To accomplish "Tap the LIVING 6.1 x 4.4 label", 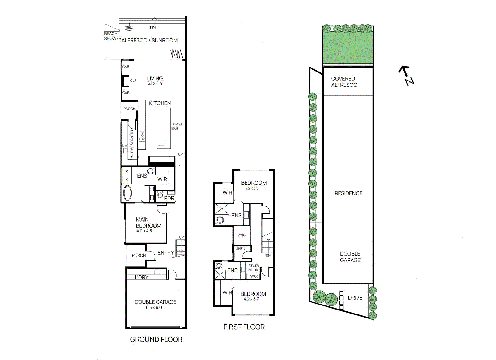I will click(155, 81).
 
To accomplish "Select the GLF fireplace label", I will click(133, 81).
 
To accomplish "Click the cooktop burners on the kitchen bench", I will click(142, 136).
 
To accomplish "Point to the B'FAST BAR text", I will click(177, 126).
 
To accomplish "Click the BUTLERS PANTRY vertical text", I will click(132, 144).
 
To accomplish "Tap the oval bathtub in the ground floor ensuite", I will click(127, 193).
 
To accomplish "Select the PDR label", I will click(169, 198).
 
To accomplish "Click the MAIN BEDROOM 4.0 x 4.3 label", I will click(148, 225).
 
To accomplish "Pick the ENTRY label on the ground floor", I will click(166, 253).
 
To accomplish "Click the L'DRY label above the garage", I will click(141, 277).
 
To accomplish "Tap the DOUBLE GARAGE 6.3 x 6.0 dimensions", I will click(154, 308).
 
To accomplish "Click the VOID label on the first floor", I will click(241, 235).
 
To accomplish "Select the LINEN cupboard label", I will click(240, 248).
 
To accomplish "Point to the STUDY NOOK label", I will click(254, 268).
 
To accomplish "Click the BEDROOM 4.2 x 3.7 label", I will click(253, 296).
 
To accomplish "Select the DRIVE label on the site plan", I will click(355, 298).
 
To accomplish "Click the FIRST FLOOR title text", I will click(244, 327).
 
